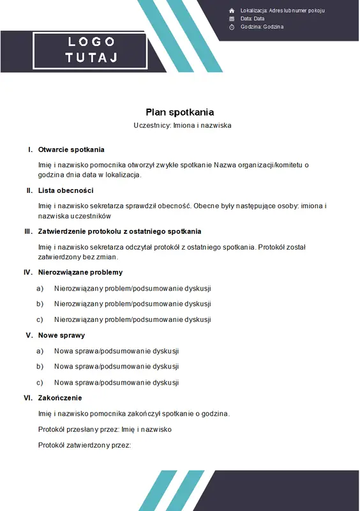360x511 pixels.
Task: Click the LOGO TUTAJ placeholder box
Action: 91,50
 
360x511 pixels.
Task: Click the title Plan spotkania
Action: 179,112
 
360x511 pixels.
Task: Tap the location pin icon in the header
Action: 232,11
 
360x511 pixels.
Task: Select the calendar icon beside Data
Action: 232,19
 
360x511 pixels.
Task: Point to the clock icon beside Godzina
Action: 232,27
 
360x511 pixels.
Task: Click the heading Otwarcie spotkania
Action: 71,149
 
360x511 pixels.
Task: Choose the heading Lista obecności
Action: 66,190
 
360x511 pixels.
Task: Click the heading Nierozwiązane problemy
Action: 80,272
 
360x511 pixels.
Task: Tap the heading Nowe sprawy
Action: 61,335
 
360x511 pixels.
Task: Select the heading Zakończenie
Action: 60,398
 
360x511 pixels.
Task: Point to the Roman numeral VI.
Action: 27,398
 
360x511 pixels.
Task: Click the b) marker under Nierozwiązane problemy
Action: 40,304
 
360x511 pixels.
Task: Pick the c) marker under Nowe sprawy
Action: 40,383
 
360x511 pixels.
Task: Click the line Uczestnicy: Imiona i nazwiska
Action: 183,126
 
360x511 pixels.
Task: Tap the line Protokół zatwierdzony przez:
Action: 84,445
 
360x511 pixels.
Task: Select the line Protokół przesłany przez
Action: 105,429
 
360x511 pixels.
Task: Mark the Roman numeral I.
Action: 30,149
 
